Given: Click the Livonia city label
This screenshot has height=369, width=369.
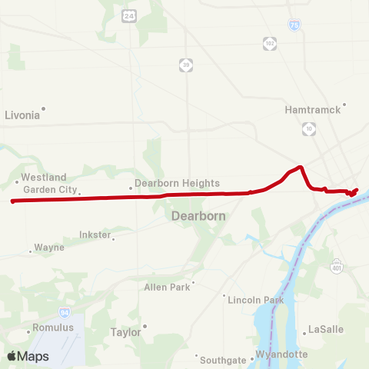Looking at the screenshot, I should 22,115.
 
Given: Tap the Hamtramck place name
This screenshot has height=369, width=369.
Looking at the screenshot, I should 312,110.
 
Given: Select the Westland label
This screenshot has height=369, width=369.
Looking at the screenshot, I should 44,177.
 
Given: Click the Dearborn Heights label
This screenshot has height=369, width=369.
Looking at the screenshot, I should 177,184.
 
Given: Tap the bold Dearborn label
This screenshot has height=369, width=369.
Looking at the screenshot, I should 198,216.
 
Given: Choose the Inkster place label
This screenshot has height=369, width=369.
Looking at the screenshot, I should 95,234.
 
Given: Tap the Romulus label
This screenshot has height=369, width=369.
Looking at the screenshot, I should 53,327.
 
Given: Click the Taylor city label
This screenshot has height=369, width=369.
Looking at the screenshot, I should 126,332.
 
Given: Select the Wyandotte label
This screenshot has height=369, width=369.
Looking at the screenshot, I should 281,354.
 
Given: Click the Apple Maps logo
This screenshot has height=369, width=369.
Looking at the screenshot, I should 28,356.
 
